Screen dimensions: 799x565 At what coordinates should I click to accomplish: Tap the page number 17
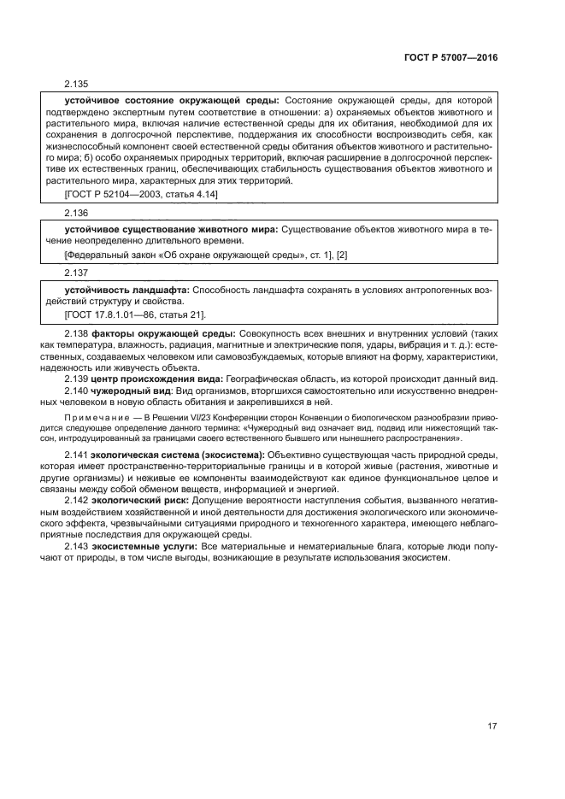(x=492, y=726)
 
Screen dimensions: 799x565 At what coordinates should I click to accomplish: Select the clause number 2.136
(x=76, y=213)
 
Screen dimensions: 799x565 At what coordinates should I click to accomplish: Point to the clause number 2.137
(x=76, y=273)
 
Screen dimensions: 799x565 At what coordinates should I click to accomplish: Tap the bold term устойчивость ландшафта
(x=127, y=290)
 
